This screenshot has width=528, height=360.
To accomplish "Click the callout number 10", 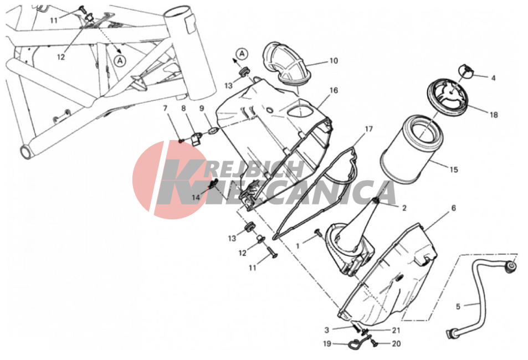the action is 334,60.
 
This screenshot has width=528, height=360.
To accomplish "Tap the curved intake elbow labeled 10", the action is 285,63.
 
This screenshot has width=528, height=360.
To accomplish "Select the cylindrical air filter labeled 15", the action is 412,149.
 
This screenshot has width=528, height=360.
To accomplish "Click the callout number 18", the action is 494,115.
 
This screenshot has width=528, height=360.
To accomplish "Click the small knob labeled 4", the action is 466,71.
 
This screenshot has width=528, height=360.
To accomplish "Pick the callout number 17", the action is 369,129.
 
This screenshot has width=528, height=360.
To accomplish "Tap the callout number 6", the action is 454,208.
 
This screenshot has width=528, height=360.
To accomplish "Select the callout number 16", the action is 334,90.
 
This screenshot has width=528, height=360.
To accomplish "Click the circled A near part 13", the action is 242,54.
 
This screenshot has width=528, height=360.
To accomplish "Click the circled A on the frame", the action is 120,60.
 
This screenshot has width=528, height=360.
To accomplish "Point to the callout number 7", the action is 165,109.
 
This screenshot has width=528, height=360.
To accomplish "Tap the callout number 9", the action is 202,108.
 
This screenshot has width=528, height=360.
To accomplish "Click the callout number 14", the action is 196,197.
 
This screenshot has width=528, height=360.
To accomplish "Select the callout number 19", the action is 327,343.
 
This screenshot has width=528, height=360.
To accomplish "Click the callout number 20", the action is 396,343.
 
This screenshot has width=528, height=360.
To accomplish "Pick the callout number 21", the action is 396,330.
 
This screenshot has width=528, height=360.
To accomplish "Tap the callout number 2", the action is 404,208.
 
